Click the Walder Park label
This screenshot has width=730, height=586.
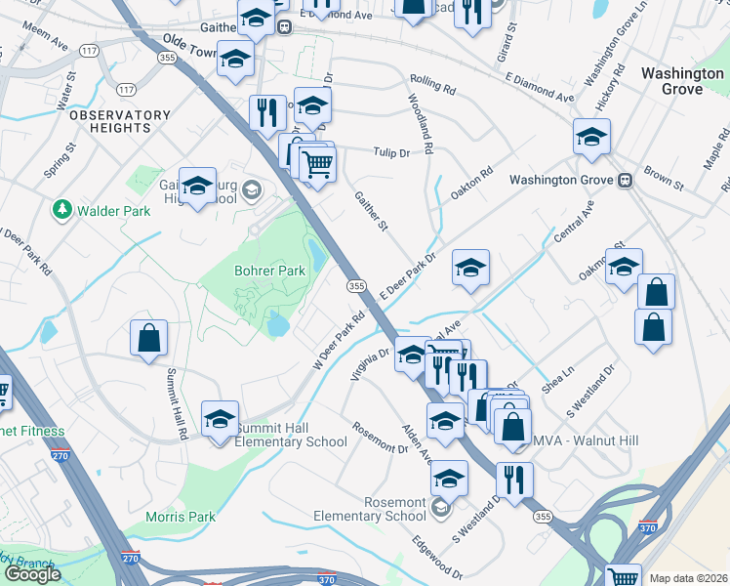pyautogui.click(x=107, y=209)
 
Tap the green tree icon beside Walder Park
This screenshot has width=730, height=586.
pyautogui.click(x=62, y=209)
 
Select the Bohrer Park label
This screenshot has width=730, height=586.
pyautogui.click(x=263, y=271)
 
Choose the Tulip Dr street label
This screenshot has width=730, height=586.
pyautogui.click(x=388, y=152)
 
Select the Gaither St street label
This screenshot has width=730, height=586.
pyautogui.click(x=371, y=211)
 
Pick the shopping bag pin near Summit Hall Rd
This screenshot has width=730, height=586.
pyautogui.click(x=148, y=339)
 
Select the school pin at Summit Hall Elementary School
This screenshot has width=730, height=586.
pyautogui.click(x=221, y=419)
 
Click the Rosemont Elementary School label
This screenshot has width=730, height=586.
pyautogui.click(x=369, y=509)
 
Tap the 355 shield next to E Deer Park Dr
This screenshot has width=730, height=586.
pyautogui.click(x=356, y=285)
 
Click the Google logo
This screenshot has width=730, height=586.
pyautogui.click(x=33, y=574)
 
